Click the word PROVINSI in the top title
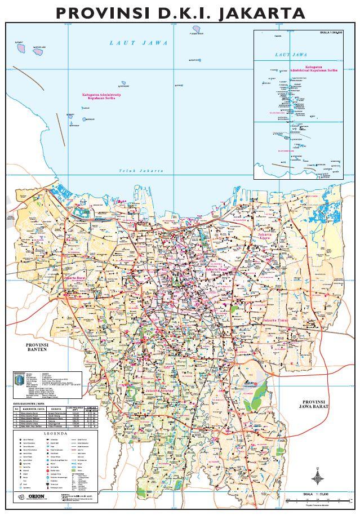point(96,12)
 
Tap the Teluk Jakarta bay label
point(141,170)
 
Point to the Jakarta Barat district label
point(75,278)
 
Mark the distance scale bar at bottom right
point(315,500)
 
